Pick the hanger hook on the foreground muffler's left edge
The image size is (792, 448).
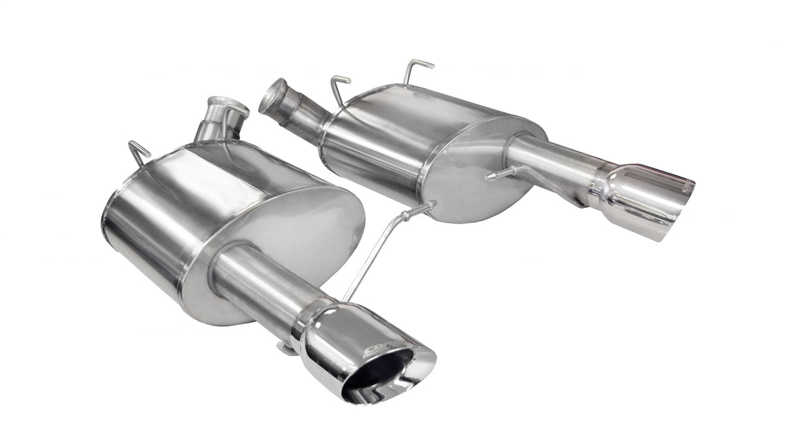pyautogui.click(x=139, y=153)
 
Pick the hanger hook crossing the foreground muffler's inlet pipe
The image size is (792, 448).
pyautogui.click(x=235, y=117)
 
